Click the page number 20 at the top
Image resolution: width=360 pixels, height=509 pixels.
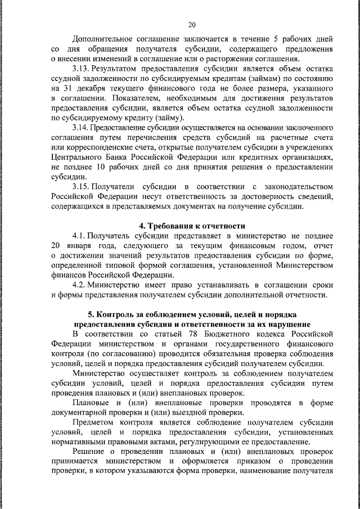[x=192, y=24]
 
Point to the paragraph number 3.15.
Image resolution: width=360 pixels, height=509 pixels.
[x=82, y=187]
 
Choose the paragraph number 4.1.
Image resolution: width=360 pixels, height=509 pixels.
[x=80, y=236]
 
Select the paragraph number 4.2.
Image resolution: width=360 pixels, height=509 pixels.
[x=80, y=285]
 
